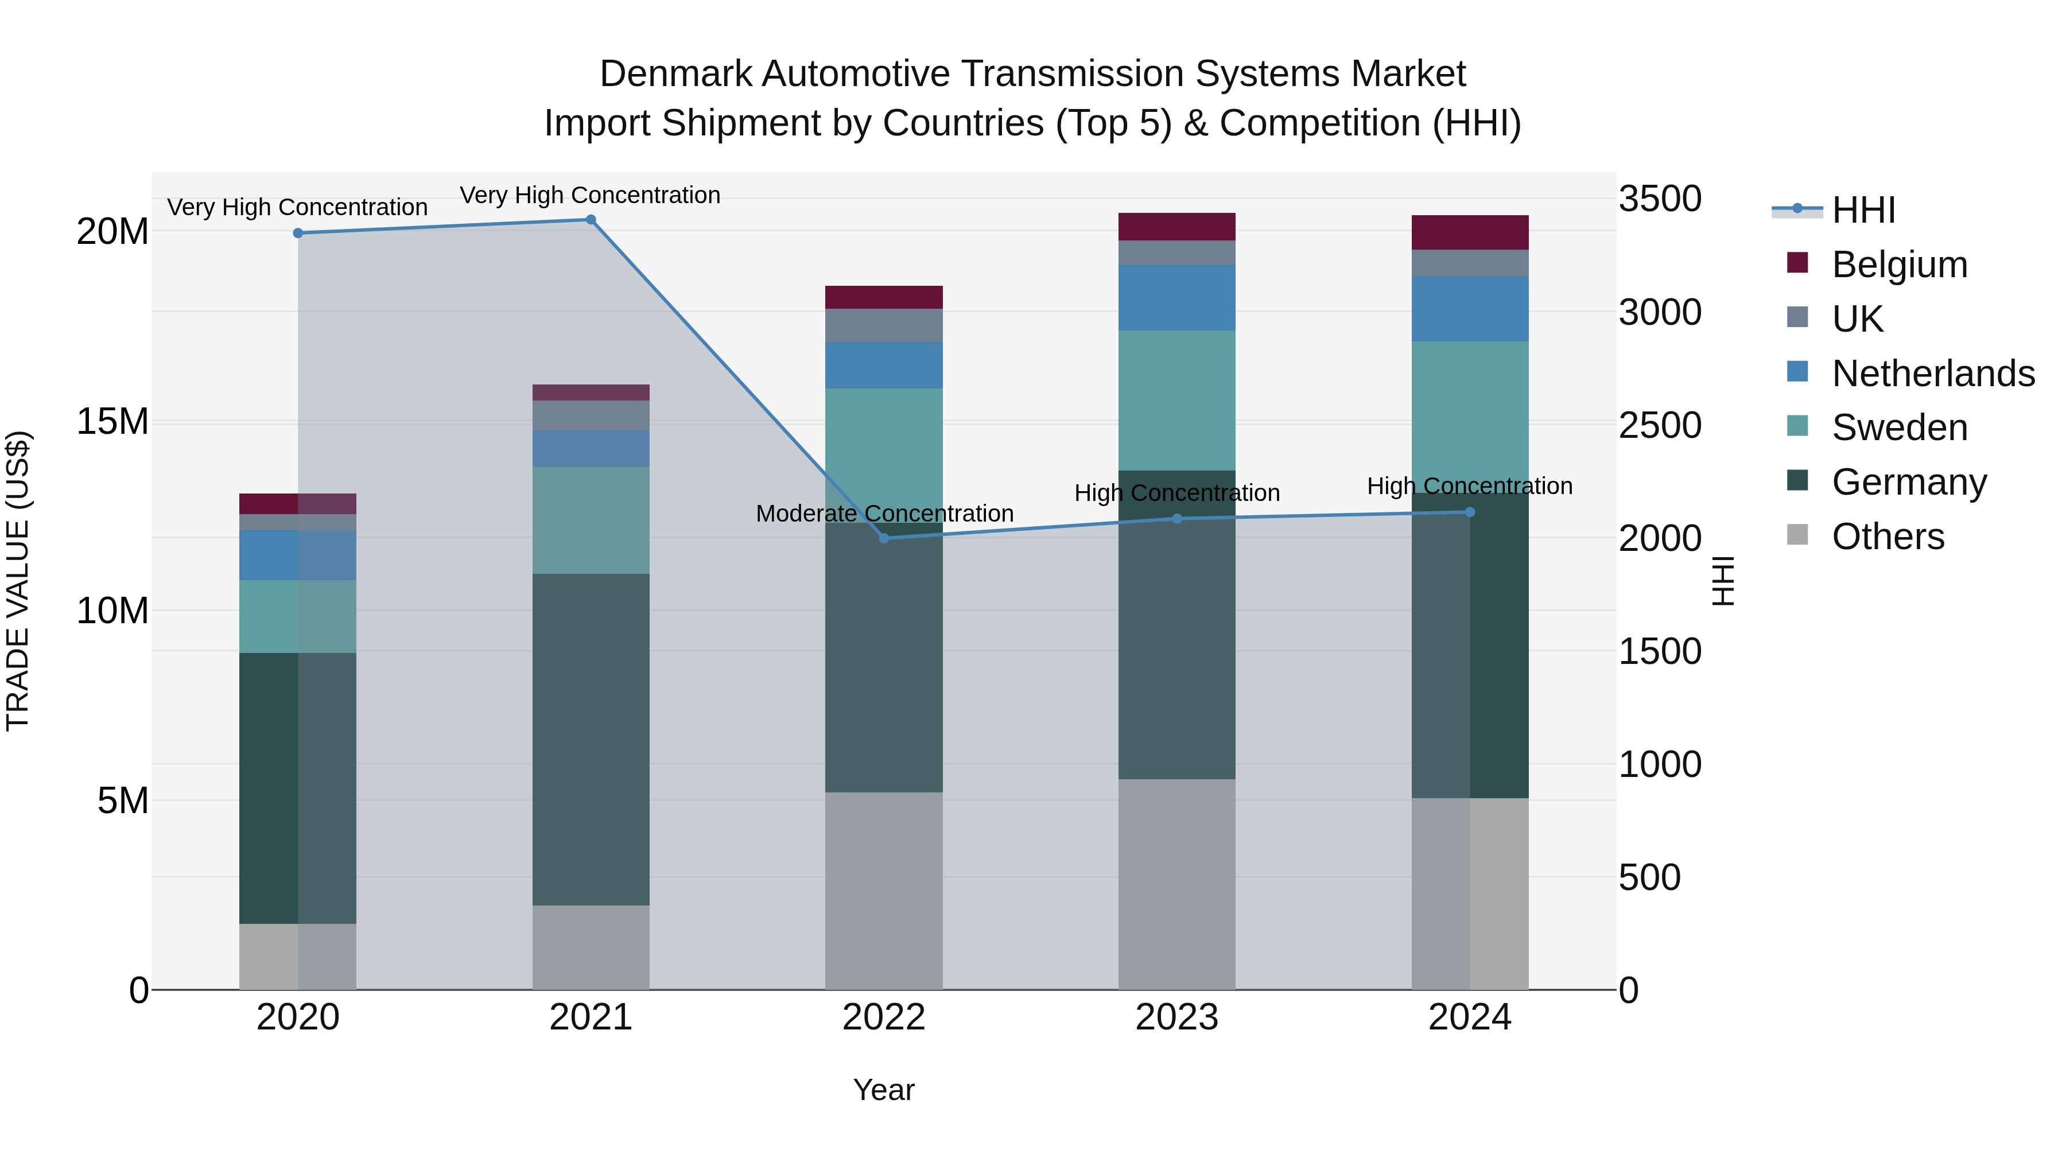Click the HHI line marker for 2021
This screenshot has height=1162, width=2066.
coord(591,220)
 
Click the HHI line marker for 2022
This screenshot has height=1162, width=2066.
coord(884,538)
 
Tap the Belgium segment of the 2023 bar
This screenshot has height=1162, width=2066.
coord(1176,227)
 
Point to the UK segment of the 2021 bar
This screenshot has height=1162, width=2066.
coord(591,415)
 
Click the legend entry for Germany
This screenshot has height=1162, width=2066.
coord(1909,482)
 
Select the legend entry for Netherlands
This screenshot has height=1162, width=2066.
coord(1933,374)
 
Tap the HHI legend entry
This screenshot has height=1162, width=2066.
coord(1863,210)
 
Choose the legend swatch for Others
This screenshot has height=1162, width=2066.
coord(1797,535)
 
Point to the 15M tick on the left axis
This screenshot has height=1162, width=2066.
coord(112,422)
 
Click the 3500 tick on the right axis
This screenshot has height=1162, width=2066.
coord(1659,199)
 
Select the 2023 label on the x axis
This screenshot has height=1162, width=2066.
coord(1176,1017)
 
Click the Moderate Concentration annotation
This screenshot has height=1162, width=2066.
coord(884,513)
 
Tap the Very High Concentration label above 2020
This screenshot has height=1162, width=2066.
coord(297,207)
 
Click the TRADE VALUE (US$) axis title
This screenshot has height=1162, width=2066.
coord(18,581)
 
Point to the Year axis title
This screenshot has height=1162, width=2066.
coord(884,1090)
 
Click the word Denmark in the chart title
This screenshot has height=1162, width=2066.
coord(676,74)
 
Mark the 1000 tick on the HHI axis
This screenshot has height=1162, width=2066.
coord(1659,764)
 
